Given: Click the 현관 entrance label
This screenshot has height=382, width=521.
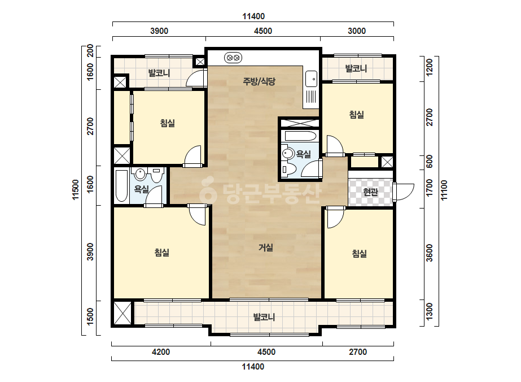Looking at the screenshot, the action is pyautogui.click(x=370, y=192).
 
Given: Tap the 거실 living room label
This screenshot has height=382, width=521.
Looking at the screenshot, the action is pyautogui.click(x=266, y=248).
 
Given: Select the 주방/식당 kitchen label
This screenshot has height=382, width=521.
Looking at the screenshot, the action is pyautogui.click(x=259, y=81).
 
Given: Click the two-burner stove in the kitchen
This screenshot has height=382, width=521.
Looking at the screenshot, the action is pyautogui.click(x=233, y=58).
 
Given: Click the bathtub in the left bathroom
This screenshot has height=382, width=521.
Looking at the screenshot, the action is pyautogui.click(x=121, y=186).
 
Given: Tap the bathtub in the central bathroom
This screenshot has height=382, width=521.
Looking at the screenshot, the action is pyautogui.click(x=300, y=136).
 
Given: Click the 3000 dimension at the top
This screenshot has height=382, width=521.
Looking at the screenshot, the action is pyautogui.click(x=357, y=31).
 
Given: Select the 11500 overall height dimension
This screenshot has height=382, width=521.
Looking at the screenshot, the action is pyautogui.click(x=76, y=190).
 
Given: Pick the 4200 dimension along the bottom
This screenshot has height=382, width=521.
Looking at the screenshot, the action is pyautogui.click(x=161, y=351).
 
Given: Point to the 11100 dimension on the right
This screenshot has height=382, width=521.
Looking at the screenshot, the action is pyautogui.click(x=444, y=190).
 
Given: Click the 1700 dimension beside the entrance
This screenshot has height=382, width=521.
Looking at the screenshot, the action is pyautogui.click(x=430, y=188).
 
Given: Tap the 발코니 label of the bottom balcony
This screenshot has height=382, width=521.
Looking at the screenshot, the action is pyautogui.click(x=264, y=317).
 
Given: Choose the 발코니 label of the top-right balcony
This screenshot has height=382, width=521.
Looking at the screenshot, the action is pyautogui.click(x=356, y=68).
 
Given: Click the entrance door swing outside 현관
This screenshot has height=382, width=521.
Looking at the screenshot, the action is pyautogui.click(x=404, y=192).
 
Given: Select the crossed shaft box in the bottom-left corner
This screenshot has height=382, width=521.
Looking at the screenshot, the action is pyautogui.click(x=122, y=313).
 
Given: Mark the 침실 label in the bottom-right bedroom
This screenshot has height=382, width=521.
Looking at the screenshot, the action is pyautogui.click(x=359, y=254).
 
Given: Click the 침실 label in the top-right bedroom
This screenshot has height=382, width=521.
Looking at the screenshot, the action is pyautogui.click(x=357, y=115).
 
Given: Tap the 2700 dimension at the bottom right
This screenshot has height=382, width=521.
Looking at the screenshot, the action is pyautogui.click(x=358, y=351).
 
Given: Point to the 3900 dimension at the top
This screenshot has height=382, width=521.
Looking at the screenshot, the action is pyautogui.click(x=159, y=31).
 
